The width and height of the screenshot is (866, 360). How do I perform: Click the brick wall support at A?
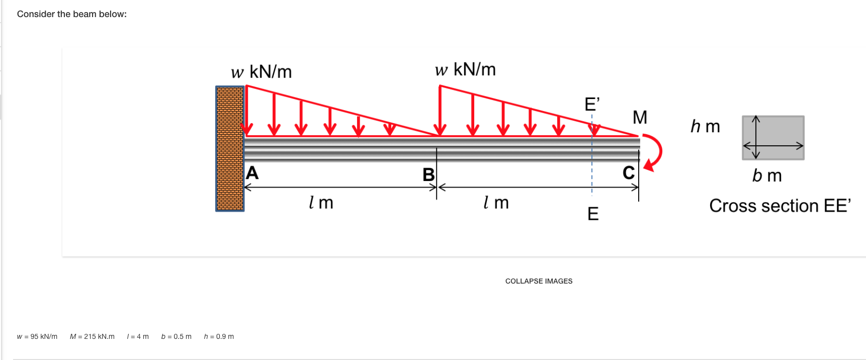click(x=230, y=148)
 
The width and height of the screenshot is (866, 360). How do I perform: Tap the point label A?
click(x=252, y=173)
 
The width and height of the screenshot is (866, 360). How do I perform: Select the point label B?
click(x=428, y=174)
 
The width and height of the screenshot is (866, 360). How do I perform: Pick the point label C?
click(x=629, y=173)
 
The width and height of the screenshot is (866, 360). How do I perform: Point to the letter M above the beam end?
click(x=640, y=117)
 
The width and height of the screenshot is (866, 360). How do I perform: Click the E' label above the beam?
click(x=592, y=104)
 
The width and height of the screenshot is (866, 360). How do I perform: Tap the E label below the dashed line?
click(x=593, y=214)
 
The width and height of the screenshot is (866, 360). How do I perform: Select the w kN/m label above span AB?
click(x=262, y=72)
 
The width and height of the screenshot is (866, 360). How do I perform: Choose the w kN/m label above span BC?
click(x=465, y=69)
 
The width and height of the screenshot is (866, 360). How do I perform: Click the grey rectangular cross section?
click(x=773, y=138)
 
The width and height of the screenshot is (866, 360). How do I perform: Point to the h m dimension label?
click(x=705, y=126)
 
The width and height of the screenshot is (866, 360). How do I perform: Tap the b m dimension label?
click(x=767, y=175)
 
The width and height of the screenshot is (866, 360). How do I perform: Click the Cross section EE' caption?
click(x=780, y=206)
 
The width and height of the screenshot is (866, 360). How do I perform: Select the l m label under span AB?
click(x=321, y=203)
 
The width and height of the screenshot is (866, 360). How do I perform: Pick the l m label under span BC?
click(x=496, y=203)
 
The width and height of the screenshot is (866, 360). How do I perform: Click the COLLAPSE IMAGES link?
click(x=539, y=281)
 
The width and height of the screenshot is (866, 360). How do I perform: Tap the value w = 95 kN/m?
click(x=37, y=336)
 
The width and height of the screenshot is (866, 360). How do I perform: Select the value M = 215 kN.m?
click(x=92, y=336)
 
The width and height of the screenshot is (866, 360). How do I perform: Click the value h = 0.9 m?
click(x=219, y=336)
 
